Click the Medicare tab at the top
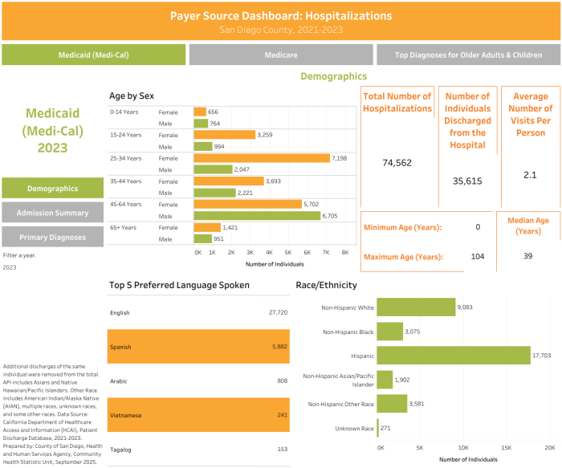(x=281, y=55)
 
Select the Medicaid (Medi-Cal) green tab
(x=94, y=55)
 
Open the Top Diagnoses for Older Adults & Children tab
(x=468, y=55)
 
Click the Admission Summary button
(x=52, y=212)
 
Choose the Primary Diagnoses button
(x=52, y=237)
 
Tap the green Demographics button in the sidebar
(x=52, y=188)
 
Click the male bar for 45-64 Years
(x=256, y=216)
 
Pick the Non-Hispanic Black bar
(x=389, y=331)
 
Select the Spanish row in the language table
(x=199, y=347)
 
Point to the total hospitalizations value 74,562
(x=397, y=163)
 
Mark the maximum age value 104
(x=478, y=256)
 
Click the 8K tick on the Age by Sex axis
(x=345, y=252)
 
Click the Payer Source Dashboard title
(x=281, y=15)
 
